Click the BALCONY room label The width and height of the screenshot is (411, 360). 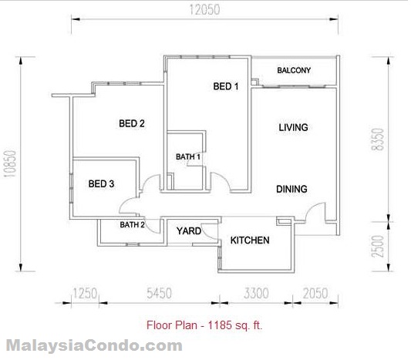click(x=294, y=70)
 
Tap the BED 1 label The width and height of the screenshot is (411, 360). click(x=226, y=86)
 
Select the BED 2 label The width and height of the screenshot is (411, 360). click(x=132, y=123)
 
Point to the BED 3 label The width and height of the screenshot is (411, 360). click(x=101, y=183)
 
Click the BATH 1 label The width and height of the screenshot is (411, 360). click(x=188, y=156)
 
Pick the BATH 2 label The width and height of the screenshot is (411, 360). click(x=132, y=224)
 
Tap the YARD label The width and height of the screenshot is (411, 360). click(x=189, y=230)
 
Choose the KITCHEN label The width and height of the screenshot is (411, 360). click(x=250, y=240)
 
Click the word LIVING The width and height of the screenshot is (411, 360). click(x=293, y=127)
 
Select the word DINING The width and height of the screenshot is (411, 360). click(x=291, y=189)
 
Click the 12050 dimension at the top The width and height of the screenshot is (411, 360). click(x=204, y=10)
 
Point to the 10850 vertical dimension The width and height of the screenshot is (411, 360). click(x=10, y=163)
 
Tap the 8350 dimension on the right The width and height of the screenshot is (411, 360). click(x=378, y=139)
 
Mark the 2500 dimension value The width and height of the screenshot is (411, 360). click(x=378, y=246)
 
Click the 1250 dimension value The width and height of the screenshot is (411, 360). click(x=85, y=293)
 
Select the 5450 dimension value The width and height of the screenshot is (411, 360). click(x=159, y=293)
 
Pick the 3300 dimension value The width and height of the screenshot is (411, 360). click(x=256, y=293)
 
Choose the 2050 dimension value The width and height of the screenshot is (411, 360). click(x=315, y=293)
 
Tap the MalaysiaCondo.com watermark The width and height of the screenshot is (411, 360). click(x=94, y=345)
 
